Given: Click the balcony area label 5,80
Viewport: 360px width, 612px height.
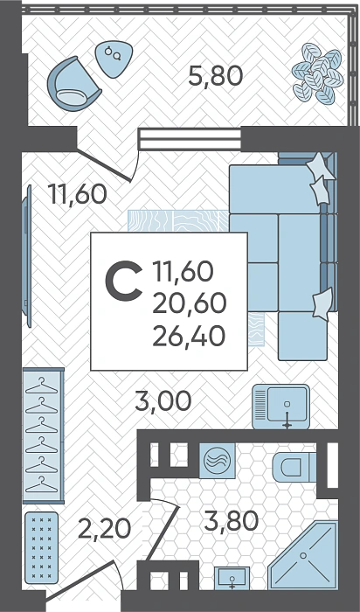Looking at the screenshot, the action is pos(215,76).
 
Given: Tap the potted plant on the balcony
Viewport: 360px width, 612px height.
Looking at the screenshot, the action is pos(317,73).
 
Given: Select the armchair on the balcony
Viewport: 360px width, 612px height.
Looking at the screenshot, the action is pos(73,84).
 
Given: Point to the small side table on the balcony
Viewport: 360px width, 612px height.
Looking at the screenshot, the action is pos(114,59).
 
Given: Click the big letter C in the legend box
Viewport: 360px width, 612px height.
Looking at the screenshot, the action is pos(123,282).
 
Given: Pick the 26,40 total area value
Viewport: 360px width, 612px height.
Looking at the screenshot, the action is pos(189,336).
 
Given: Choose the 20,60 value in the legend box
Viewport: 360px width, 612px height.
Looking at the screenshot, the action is pos(189,303).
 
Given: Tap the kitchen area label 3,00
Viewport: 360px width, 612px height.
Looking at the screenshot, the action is pos(163,400).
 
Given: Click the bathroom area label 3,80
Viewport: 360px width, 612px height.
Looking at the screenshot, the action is pos(231,521).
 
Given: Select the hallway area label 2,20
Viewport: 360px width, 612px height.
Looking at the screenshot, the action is pos(105,529).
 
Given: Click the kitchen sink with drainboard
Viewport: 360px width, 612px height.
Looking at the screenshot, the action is pos(280,407).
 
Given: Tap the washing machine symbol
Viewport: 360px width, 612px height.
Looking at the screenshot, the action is pos(218,461).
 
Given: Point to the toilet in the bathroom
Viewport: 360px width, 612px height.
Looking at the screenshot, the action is pos(294,467).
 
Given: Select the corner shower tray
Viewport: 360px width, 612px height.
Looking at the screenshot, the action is pos(303,554).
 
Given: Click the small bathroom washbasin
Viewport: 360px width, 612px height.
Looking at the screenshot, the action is pos(232,578).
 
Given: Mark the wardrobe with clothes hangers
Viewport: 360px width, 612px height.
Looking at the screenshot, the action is pos(44,435).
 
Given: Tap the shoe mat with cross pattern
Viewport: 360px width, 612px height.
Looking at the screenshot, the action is pos(41,547).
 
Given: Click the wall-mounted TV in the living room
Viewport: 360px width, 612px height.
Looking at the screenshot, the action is pos(26,255).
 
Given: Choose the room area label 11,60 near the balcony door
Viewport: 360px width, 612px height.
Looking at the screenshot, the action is pos(77,194).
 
